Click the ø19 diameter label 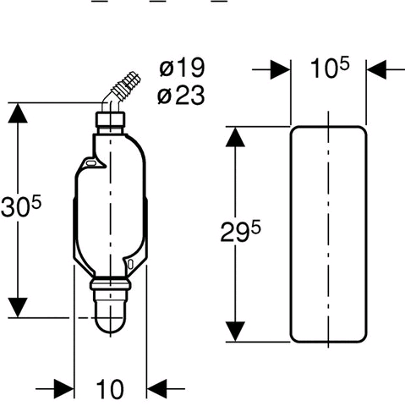pos(182,68)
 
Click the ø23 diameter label pos(181,95)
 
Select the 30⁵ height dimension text pos(21,206)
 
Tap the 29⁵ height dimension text pos(240,231)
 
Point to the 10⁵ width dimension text pos(330,68)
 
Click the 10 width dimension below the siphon pos(110,389)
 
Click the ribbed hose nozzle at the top pos(126,85)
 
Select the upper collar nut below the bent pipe pos(111,119)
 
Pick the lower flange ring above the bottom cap pos(111,284)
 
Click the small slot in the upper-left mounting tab pos(90,162)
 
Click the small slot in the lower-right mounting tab pos(130,265)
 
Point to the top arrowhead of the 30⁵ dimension pos(18,112)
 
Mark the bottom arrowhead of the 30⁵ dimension pos(18,307)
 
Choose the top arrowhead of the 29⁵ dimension pos(235,137)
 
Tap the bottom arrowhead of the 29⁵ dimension pos(235,332)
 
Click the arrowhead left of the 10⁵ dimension pos(281,69)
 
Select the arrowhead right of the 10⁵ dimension pos(377,69)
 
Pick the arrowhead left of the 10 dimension pos(64,389)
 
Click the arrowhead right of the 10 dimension pos(157,389)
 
